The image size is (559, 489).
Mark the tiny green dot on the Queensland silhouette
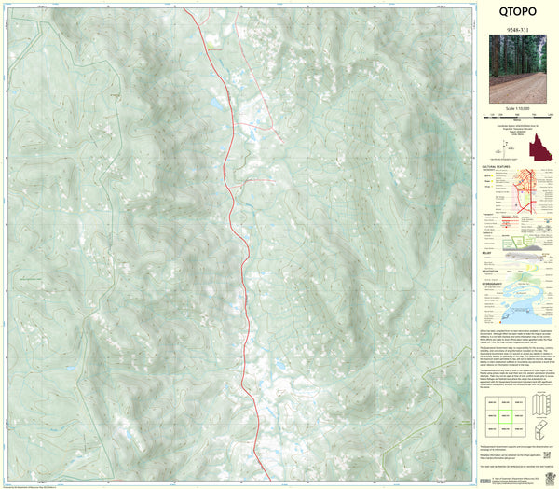[x=543, y=150]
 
